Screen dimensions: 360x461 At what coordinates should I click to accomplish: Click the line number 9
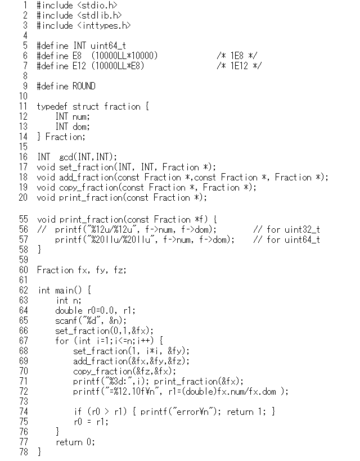pos(25,86)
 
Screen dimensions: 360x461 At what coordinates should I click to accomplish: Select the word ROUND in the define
pos(84,86)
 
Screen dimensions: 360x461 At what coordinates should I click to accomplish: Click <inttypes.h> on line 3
pos(104,25)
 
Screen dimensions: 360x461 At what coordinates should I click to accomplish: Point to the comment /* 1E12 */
pos(239,66)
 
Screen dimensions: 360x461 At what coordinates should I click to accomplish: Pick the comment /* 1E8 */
pos(237,56)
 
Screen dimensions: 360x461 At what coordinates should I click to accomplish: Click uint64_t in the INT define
pos(108,46)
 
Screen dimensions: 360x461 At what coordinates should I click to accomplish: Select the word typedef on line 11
pos(52,106)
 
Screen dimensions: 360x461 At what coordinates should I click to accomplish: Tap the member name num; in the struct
pos(81,117)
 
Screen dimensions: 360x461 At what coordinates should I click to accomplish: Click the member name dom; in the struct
pos(81,126)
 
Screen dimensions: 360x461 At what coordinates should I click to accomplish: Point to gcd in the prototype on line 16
pos(66,157)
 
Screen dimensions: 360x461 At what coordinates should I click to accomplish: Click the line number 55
pos(24,219)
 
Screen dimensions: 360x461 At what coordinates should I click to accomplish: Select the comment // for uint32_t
pos(286,229)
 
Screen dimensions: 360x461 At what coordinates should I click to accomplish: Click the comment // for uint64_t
pos(286,239)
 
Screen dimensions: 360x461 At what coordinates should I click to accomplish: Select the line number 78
pos(24,451)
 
